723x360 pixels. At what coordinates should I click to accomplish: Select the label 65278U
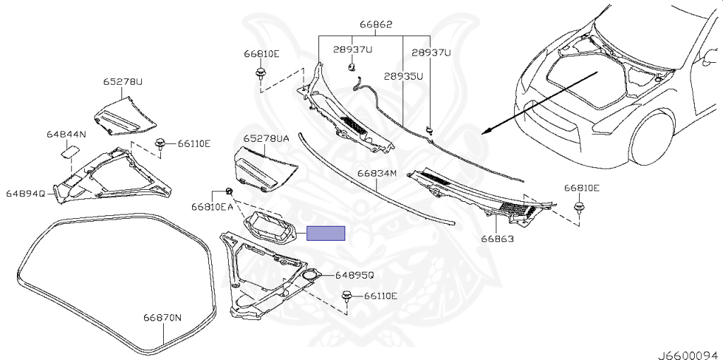tap(123, 82)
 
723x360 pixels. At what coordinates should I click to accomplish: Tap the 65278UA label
tap(266, 139)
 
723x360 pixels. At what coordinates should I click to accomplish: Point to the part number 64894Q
tap(26, 193)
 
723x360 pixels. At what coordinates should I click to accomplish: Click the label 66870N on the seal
tap(163, 318)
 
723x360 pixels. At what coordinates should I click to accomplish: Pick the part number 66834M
tap(377, 172)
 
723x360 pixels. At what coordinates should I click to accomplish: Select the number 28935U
tap(403, 76)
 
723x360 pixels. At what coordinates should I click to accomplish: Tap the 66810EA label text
tap(212, 207)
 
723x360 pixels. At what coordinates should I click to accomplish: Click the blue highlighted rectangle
tap(325, 233)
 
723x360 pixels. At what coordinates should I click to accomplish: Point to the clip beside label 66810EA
tap(229, 191)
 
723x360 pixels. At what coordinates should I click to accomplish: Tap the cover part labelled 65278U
tap(127, 114)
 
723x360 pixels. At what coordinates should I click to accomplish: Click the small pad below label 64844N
tap(71, 149)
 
